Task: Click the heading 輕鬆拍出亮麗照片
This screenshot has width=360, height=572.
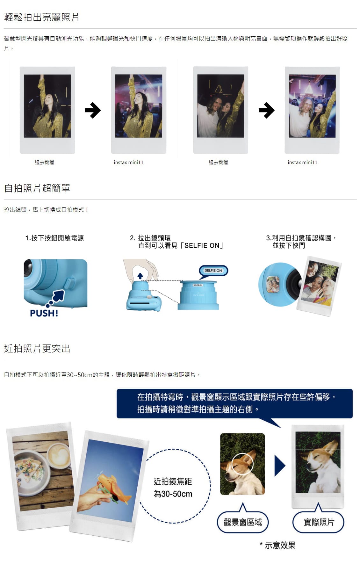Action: (x=41, y=17)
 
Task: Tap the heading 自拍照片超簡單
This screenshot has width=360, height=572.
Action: (x=37, y=188)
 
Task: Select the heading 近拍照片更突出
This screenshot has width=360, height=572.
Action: (x=37, y=348)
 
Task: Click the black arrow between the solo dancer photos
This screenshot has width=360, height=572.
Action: (x=93, y=110)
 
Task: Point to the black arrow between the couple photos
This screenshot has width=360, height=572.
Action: (x=267, y=110)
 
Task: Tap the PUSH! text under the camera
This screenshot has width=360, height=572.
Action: (x=44, y=313)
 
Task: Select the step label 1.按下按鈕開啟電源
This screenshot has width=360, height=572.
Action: (x=54, y=238)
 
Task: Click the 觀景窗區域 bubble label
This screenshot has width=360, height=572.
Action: (x=243, y=522)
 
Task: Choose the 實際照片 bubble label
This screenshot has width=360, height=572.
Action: (x=319, y=522)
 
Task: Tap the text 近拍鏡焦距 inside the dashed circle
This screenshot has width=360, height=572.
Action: (x=173, y=481)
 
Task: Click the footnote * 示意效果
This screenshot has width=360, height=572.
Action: (x=277, y=545)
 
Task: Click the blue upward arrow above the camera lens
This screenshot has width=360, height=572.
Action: (x=140, y=276)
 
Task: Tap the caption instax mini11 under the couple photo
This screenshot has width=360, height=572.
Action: (x=302, y=163)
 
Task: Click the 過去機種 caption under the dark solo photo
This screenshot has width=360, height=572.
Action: (x=44, y=163)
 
